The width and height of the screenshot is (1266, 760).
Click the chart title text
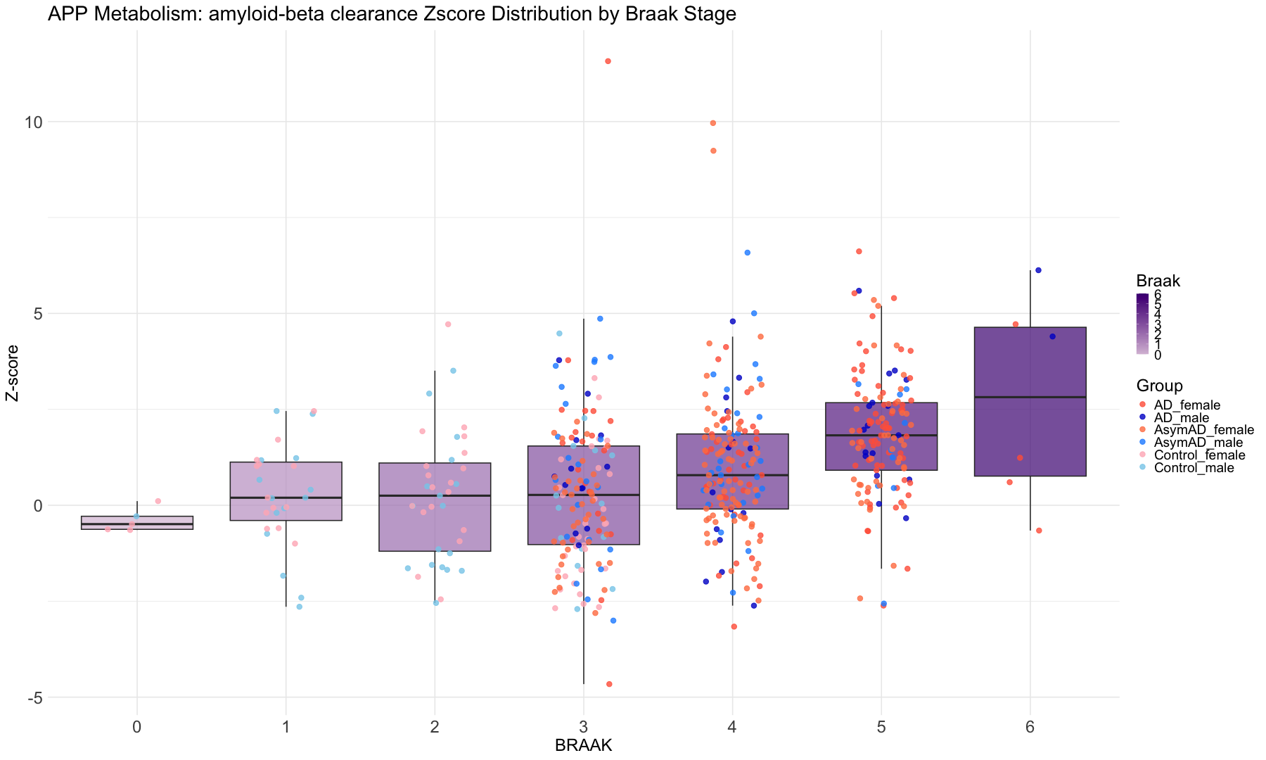pos(392,13)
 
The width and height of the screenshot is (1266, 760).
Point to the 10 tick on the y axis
pos(33,122)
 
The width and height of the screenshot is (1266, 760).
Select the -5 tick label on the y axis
pos(32,698)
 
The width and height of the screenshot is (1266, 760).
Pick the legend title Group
pos(1159,386)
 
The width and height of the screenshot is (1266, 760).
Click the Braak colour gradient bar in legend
pos(1143,324)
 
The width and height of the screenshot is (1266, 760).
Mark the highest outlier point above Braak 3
pos(608,61)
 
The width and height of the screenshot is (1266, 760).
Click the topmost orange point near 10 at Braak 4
pos(712,123)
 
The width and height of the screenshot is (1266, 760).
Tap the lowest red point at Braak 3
pos(609,684)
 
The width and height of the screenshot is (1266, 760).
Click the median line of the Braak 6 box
pos(1030,398)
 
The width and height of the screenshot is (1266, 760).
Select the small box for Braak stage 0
pos(137,523)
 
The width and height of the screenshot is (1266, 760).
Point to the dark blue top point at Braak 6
pos(1038,270)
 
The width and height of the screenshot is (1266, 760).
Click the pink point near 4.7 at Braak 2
pos(448,324)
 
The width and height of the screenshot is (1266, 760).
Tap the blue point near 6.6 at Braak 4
pos(748,253)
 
